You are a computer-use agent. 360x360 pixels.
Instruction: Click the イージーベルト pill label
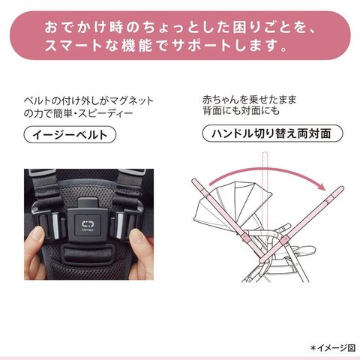[x=70, y=135]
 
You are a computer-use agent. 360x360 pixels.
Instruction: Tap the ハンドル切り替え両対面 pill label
[x=272, y=133]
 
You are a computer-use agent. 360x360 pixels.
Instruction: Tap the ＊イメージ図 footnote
[x=333, y=348]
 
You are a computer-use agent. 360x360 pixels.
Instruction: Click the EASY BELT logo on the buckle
[x=88, y=225]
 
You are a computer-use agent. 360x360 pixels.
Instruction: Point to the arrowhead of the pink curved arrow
[x=322, y=187]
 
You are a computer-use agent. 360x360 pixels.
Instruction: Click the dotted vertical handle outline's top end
[x=265, y=152]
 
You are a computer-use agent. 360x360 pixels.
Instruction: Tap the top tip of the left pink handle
[x=194, y=180]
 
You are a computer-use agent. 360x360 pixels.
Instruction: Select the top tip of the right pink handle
[x=341, y=187]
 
